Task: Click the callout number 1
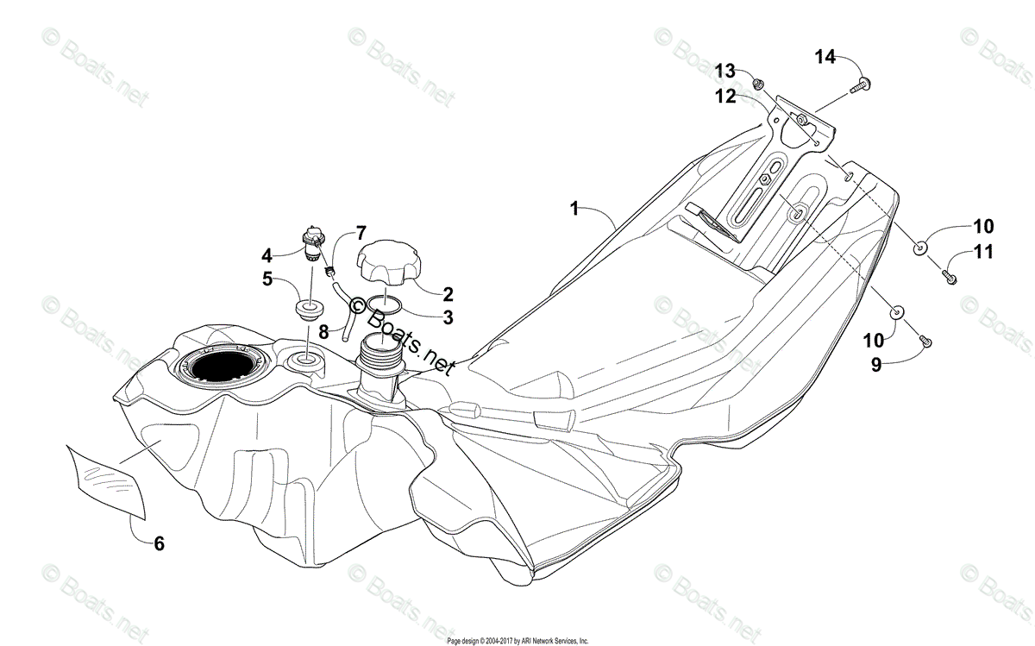(x=575, y=208)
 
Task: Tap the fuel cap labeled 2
(x=387, y=263)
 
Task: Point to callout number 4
(x=267, y=255)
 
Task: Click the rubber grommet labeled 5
(x=307, y=307)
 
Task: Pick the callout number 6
(x=159, y=543)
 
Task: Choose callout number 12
(x=724, y=97)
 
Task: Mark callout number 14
(x=825, y=57)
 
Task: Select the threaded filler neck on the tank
(x=380, y=356)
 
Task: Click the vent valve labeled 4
(x=312, y=243)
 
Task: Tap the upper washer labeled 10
(x=921, y=248)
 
